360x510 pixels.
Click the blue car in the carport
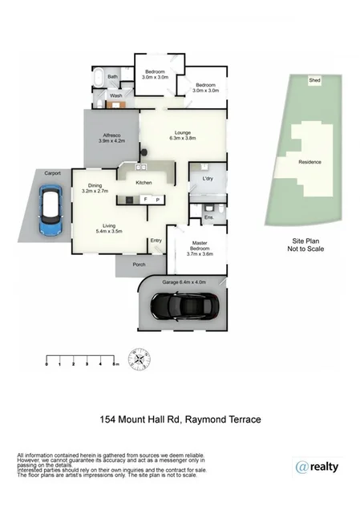coord(51,211)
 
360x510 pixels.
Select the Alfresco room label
coord(109,139)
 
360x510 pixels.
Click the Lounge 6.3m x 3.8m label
coord(183,136)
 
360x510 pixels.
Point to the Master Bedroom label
coord(200,249)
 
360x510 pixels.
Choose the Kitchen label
coord(144,183)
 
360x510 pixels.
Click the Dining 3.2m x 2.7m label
coord(95,189)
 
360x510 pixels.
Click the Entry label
coord(156,241)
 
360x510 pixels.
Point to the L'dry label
coord(207,178)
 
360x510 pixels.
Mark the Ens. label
coord(208,217)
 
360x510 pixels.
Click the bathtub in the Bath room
coord(98,79)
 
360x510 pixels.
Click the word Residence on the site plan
coord(309,162)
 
